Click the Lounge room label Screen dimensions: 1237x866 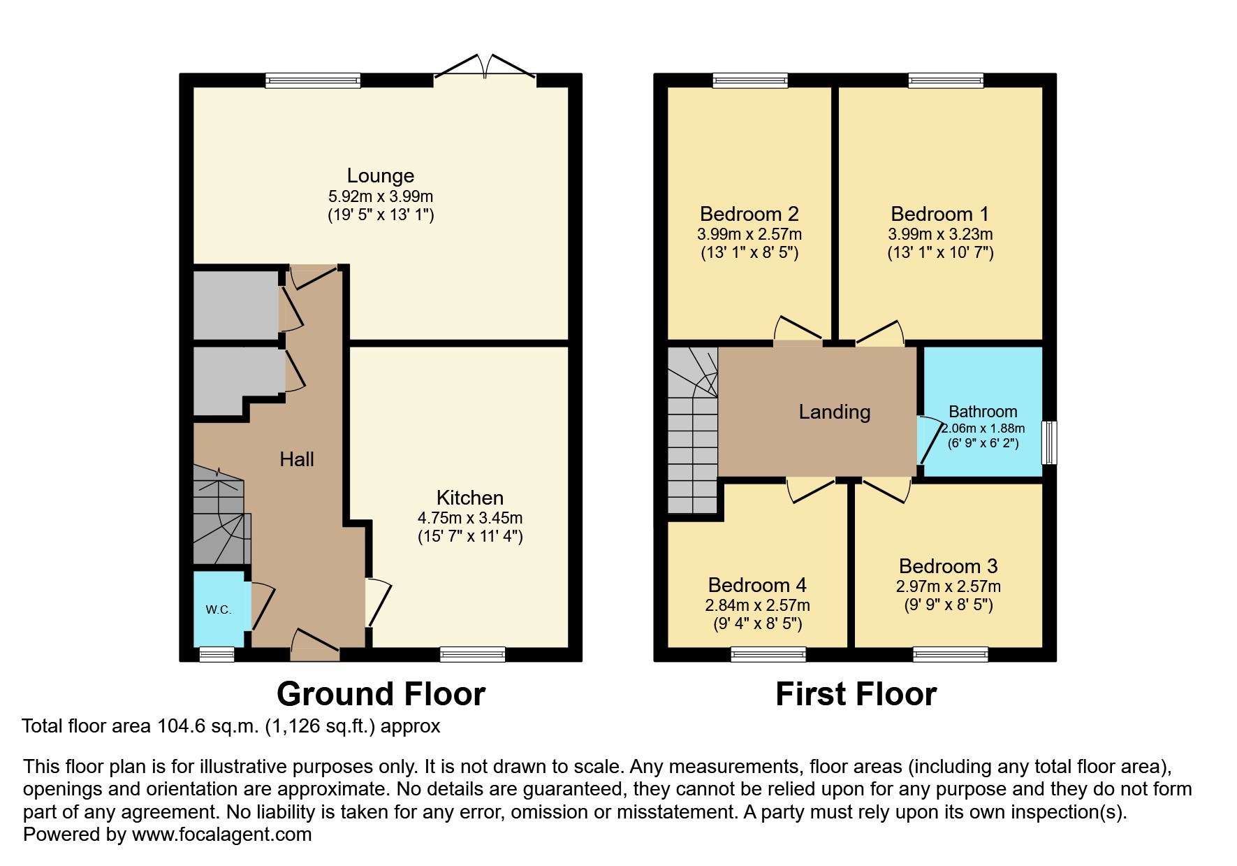tap(381, 175)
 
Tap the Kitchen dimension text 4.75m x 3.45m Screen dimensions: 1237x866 tap(470, 518)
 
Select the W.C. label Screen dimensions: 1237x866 tap(219, 609)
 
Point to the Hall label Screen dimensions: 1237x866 tap(297, 459)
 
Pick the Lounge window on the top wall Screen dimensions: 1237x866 tap(313, 80)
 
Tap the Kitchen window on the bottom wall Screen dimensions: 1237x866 tap(473, 654)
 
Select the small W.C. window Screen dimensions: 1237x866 tap(217, 654)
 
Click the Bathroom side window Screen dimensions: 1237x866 tap(1049, 442)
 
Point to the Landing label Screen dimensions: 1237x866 tap(835, 412)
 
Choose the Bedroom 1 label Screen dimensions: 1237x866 tap(940, 214)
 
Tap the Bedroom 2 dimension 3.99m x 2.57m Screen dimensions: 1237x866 tap(749, 234)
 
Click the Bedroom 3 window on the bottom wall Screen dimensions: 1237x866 tap(951, 654)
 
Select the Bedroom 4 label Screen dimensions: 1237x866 tap(757, 585)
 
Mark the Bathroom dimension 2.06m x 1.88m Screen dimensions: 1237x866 tap(983, 428)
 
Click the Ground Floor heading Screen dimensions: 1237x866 tap(381, 694)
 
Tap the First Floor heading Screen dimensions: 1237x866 tap(856, 694)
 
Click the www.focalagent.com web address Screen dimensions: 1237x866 tap(221, 835)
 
